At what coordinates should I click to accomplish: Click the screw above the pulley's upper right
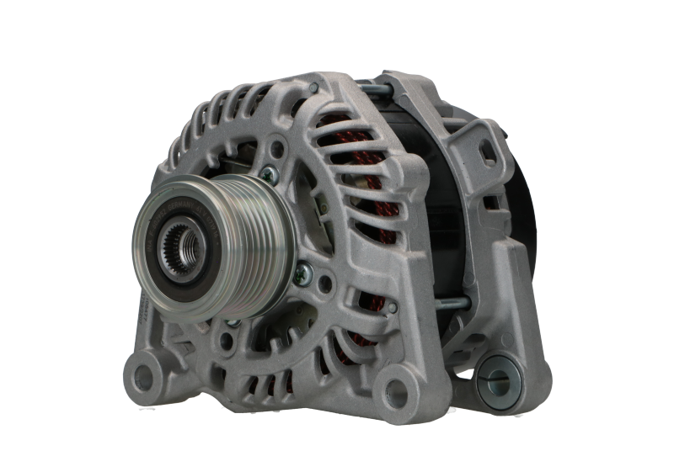(267, 174)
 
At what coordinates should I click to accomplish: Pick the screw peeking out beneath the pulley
(233, 321)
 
